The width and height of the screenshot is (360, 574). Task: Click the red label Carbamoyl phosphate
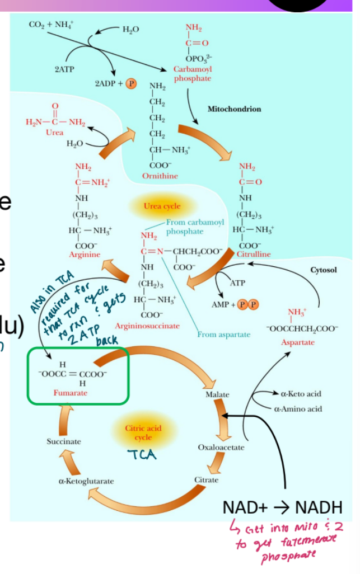tap(193, 73)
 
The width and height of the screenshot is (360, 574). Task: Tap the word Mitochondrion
tap(234, 109)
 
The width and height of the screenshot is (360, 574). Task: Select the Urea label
tap(54, 133)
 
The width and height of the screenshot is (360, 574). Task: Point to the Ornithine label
tap(160, 176)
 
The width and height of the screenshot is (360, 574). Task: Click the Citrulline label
tap(253, 254)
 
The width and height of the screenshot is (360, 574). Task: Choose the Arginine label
tap(84, 255)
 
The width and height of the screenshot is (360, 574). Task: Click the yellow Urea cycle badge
tap(162, 206)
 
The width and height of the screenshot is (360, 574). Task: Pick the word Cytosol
tap(324, 270)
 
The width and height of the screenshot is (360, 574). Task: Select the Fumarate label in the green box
tap(71, 393)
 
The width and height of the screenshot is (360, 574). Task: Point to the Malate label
tap(217, 394)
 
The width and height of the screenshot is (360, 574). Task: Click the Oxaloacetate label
tap(221, 448)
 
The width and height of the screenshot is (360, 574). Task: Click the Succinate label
tap(64, 441)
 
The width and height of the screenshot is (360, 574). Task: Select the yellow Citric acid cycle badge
tap(143, 432)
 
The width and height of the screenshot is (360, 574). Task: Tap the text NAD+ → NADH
tap(282, 507)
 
